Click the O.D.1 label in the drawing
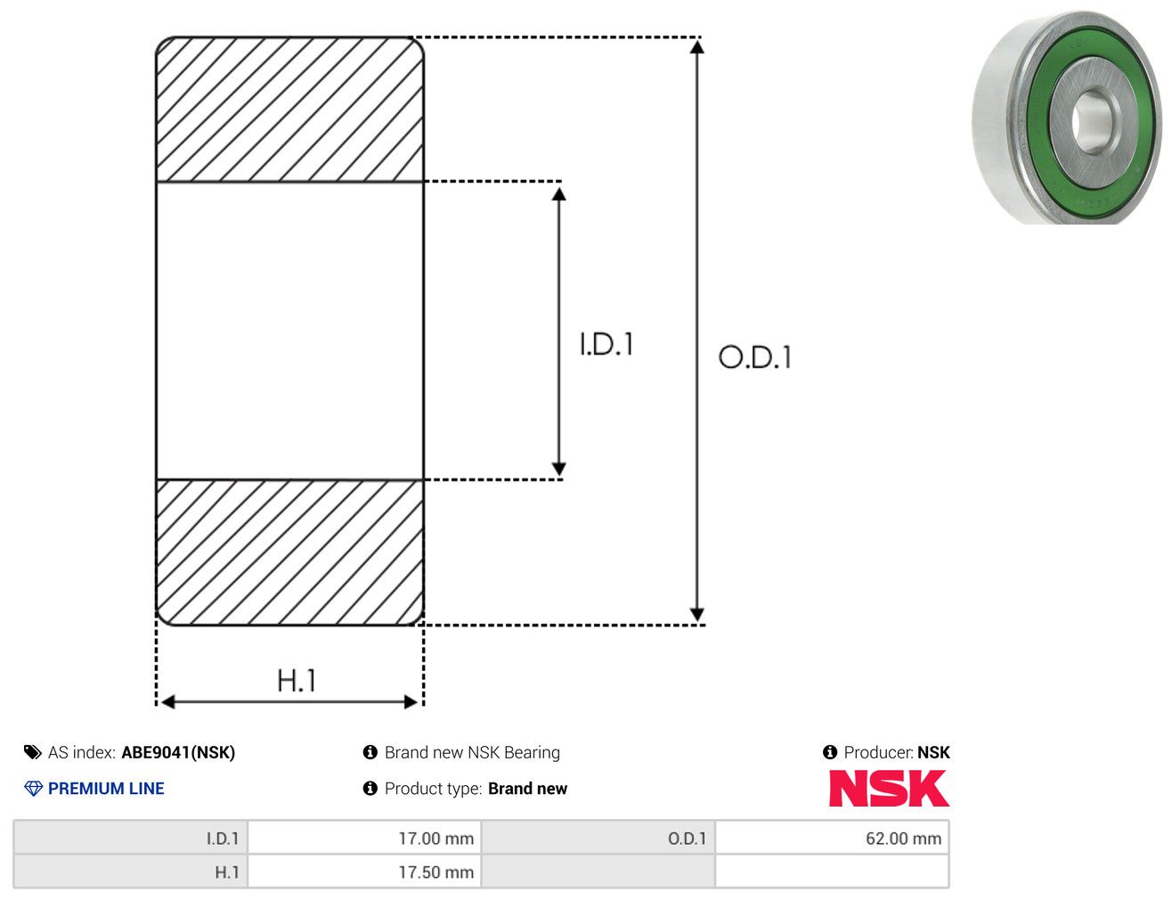755,357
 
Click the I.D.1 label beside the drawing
606,344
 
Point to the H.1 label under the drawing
296,680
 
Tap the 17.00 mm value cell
364,839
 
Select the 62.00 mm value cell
832,839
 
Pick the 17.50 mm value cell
364,872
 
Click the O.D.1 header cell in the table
598,839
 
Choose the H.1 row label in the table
131,872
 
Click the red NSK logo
889,788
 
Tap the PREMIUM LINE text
106,788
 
